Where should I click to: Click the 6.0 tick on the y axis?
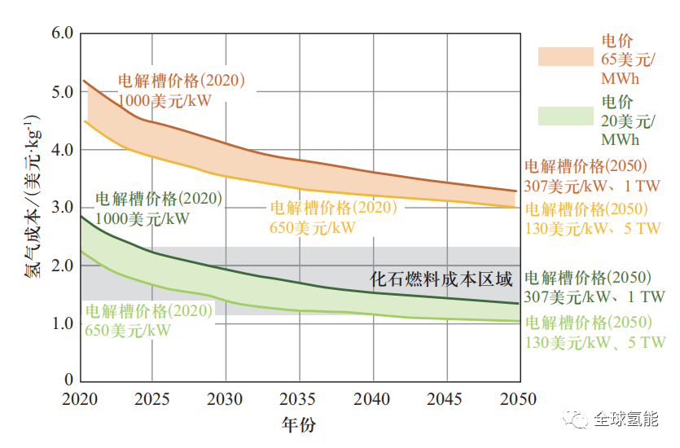pyautogui.click(x=63, y=33)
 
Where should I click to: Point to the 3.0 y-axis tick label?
pyautogui.click(x=63, y=208)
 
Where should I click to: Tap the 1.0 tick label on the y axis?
pyautogui.click(x=63, y=323)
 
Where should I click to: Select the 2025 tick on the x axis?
pyautogui.click(x=152, y=399)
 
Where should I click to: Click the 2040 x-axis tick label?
pyautogui.click(x=374, y=399)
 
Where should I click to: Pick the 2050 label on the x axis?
pyautogui.click(x=518, y=399)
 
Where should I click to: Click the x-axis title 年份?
pyautogui.click(x=298, y=424)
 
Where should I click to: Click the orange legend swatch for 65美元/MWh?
pyautogui.click(x=565, y=56)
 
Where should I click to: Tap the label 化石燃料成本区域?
pyautogui.click(x=441, y=279)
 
